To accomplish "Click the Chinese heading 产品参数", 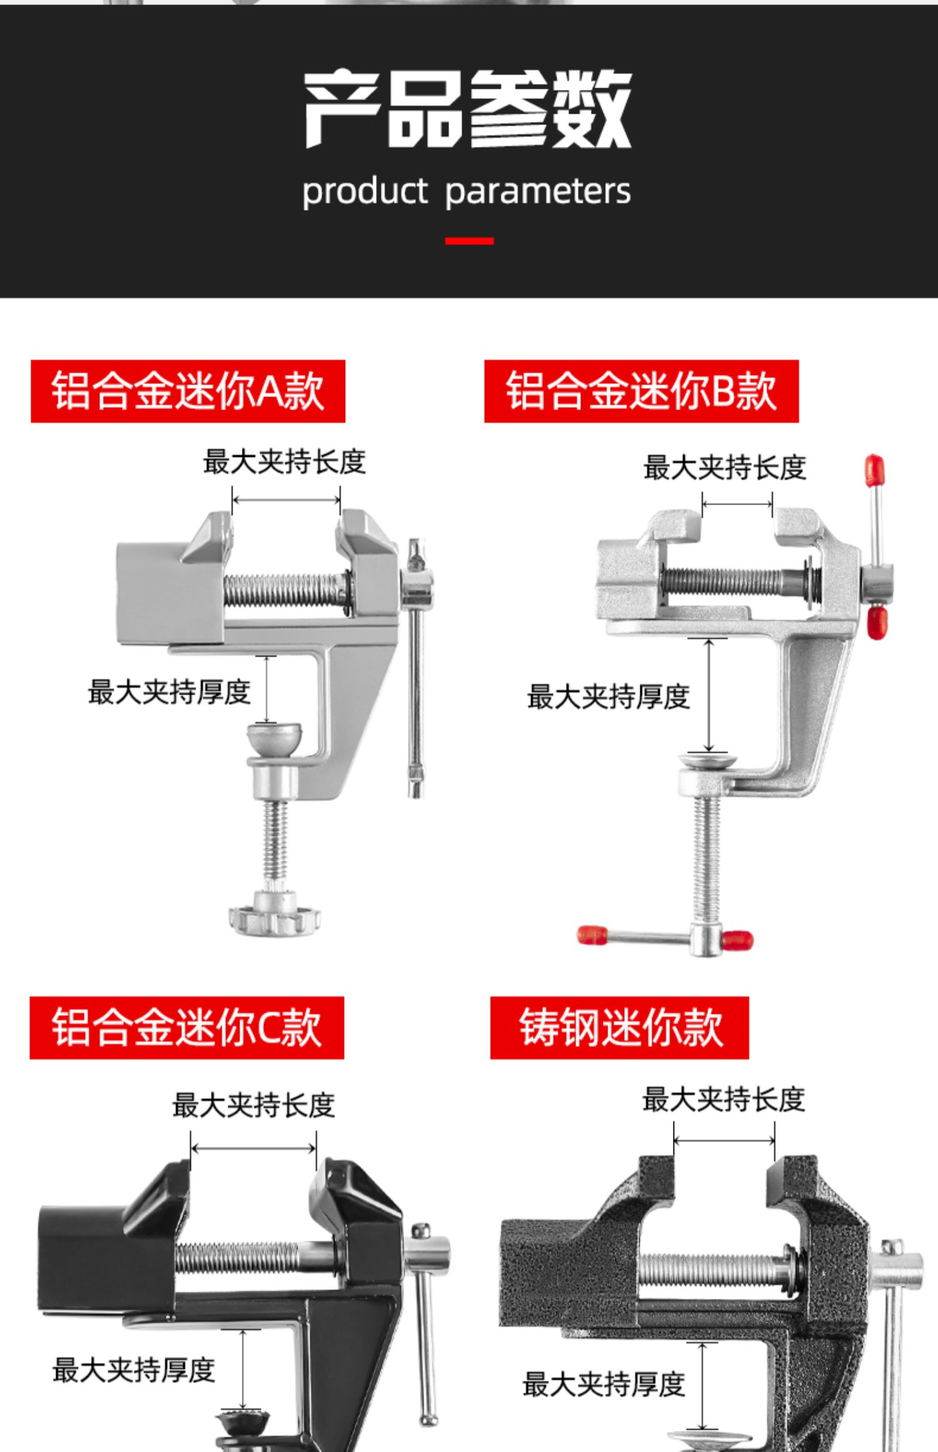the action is (x=468, y=109).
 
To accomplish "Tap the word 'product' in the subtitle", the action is (x=365, y=191).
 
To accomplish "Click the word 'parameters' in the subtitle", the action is (x=538, y=191).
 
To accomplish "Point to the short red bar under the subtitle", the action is (x=469, y=241).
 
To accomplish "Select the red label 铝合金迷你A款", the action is (x=188, y=391).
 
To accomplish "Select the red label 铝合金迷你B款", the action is (x=641, y=391).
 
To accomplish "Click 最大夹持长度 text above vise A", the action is (x=284, y=463).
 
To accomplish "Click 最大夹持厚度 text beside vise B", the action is (x=608, y=697).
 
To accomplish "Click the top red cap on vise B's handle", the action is (x=874, y=470).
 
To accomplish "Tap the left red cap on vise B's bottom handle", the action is (x=592, y=935).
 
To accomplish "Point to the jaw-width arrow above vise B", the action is (x=737, y=503).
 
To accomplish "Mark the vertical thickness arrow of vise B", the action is (x=709, y=695).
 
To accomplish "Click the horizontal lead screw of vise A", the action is (x=285, y=590).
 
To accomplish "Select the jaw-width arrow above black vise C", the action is (x=253, y=1148).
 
